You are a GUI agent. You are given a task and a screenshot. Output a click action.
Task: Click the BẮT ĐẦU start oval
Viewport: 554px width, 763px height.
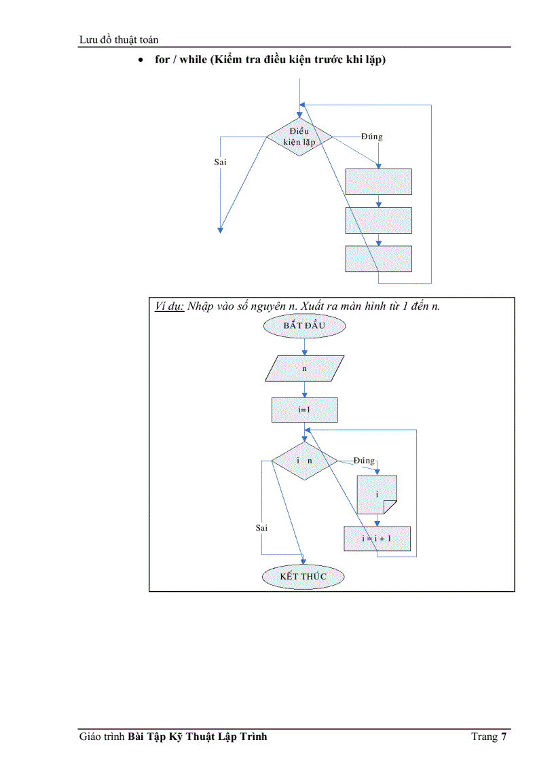click(x=304, y=326)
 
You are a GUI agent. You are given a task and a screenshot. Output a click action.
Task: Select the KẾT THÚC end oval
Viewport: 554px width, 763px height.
click(x=303, y=576)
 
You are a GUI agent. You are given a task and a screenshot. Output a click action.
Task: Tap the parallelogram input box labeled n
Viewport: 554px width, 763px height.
click(x=304, y=369)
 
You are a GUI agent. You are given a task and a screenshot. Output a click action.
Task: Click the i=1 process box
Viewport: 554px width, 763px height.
click(x=304, y=410)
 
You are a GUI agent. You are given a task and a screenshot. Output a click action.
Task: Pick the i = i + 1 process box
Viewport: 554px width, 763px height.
click(x=377, y=538)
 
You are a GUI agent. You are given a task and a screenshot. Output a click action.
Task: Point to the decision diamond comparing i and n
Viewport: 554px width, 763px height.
click(x=304, y=461)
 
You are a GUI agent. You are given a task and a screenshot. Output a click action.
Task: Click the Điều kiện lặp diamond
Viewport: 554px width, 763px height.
click(x=299, y=137)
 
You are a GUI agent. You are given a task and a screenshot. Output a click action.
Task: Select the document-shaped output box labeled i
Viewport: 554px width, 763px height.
click(x=377, y=495)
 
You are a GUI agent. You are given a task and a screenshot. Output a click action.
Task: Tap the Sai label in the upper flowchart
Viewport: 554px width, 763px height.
click(x=220, y=162)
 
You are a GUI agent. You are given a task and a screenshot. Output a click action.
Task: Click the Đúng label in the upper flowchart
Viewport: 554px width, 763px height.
click(x=371, y=137)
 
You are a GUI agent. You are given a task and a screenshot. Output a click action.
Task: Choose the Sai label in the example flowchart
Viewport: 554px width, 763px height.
click(x=261, y=527)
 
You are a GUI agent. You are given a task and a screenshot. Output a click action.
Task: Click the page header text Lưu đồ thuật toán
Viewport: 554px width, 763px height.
click(x=119, y=40)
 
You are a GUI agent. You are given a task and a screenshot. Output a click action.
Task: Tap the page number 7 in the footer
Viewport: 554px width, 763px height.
click(x=504, y=737)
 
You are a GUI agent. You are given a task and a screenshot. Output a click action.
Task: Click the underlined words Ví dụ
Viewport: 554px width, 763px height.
click(x=170, y=306)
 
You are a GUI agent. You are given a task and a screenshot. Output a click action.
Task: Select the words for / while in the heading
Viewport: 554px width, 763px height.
click(x=181, y=60)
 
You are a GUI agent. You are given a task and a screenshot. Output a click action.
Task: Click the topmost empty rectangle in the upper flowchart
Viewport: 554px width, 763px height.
click(x=378, y=182)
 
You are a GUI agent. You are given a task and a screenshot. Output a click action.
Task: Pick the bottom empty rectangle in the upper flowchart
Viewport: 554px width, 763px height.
click(x=378, y=259)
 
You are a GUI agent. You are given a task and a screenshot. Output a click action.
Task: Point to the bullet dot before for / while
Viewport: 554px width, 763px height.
click(x=140, y=60)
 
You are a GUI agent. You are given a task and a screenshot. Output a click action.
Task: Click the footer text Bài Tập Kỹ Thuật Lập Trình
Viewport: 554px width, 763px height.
click(x=197, y=737)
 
